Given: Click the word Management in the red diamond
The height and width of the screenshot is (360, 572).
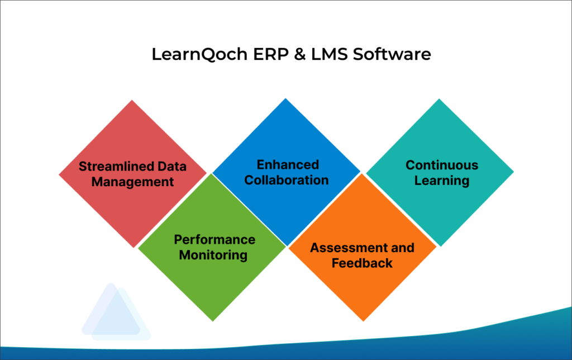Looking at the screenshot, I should (x=133, y=182).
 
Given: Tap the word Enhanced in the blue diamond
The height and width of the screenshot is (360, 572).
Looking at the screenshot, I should (x=288, y=164).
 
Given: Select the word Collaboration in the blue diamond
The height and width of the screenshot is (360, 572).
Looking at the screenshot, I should (x=287, y=180).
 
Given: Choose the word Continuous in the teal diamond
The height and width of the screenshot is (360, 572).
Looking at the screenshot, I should (x=442, y=165).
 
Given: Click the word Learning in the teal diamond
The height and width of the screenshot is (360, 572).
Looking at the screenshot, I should (x=442, y=181).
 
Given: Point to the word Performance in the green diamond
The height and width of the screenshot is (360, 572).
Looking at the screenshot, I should (x=214, y=239).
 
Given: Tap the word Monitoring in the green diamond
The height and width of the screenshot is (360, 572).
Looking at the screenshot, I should (x=213, y=255).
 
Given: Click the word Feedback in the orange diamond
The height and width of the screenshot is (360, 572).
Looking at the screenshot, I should (x=363, y=263).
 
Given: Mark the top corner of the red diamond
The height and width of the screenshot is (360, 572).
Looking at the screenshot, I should (x=132, y=101).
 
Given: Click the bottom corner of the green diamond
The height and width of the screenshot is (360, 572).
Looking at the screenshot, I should (x=213, y=320).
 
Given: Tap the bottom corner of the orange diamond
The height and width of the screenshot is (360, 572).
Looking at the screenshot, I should (x=363, y=321).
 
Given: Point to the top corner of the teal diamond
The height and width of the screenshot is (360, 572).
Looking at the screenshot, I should (x=440, y=100).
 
